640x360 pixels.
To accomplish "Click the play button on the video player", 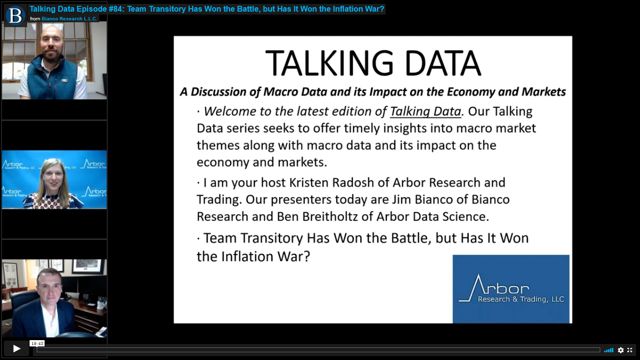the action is pyautogui.click(x=16, y=348).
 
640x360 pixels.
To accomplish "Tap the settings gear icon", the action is pyautogui.click(x=621, y=350).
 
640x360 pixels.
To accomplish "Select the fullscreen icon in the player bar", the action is pyautogui.click(x=630, y=350).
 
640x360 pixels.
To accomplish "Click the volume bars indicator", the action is pyautogui.click(x=609, y=350).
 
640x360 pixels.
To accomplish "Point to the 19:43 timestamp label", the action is pyautogui.click(x=37, y=344).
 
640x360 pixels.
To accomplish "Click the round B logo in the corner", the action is pyautogui.click(x=15, y=16).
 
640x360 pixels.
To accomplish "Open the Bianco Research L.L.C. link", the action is pyautogui.click(x=69, y=19).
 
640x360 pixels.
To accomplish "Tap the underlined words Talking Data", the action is pyautogui.click(x=425, y=111).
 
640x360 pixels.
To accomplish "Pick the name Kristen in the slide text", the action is pyautogui.click(x=307, y=183).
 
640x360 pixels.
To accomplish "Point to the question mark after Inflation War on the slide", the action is pyautogui.click(x=307, y=256).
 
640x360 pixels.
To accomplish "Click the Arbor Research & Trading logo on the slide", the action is pyautogui.click(x=511, y=289).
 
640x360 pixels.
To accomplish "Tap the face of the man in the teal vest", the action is pyautogui.click(x=52, y=43).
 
